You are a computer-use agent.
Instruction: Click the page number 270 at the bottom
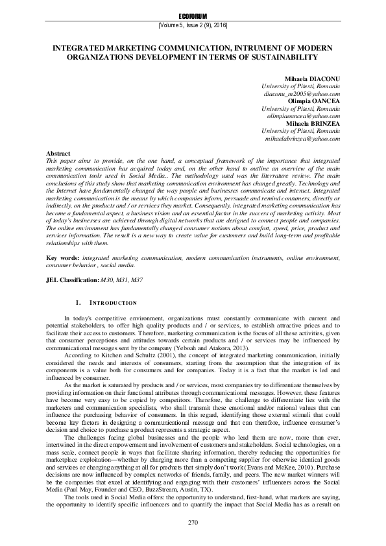(x=193, y=523)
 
